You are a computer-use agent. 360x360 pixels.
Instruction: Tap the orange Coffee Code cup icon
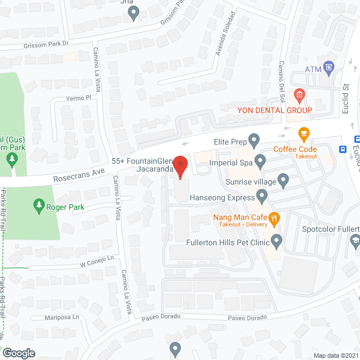tap(304, 135)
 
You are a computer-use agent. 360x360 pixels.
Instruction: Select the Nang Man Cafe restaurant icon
tap(274, 218)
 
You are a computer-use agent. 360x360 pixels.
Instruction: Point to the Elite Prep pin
tap(254, 138)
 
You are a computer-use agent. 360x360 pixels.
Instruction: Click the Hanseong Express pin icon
tap(262, 196)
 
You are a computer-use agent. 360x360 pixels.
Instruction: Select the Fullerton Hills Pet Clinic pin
tap(276, 241)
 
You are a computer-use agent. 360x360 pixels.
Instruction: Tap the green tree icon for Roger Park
tap(39, 205)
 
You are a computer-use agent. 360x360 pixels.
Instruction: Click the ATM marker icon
tap(330, 69)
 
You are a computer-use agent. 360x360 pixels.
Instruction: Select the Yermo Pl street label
tap(79, 98)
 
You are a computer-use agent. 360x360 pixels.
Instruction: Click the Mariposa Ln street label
tap(62, 317)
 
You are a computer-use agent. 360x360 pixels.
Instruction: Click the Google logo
tap(18, 353)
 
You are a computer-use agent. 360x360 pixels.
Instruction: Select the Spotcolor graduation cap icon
tap(355, 241)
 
